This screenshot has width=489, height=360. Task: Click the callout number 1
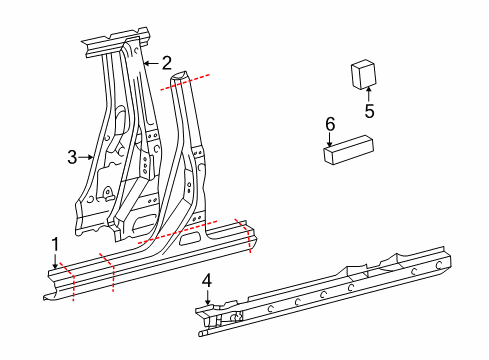pyautogui.click(x=56, y=244)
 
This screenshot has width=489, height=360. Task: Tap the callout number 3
pyautogui.click(x=72, y=156)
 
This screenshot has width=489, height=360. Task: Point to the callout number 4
pyautogui.click(x=207, y=282)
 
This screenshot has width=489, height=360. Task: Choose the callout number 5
pyautogui.click(x=369, y=112)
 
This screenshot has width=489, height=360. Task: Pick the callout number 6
pyautogui.click(x=330, y=123)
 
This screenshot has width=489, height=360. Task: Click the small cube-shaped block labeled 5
pyautogui.click(x=362, y=75)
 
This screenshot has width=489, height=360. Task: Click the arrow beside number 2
pyautogui.click(x=150, y=63)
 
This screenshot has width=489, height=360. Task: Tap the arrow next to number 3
pyautogui.click(x=88, y=156)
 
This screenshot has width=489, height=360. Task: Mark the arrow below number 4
pyautogui.click(x=207, y=299)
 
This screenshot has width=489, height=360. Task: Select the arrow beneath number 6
pyautogui.click(x=330, y=140)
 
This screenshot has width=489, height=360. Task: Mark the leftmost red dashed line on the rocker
pyautogui.click(x=69, y=280)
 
